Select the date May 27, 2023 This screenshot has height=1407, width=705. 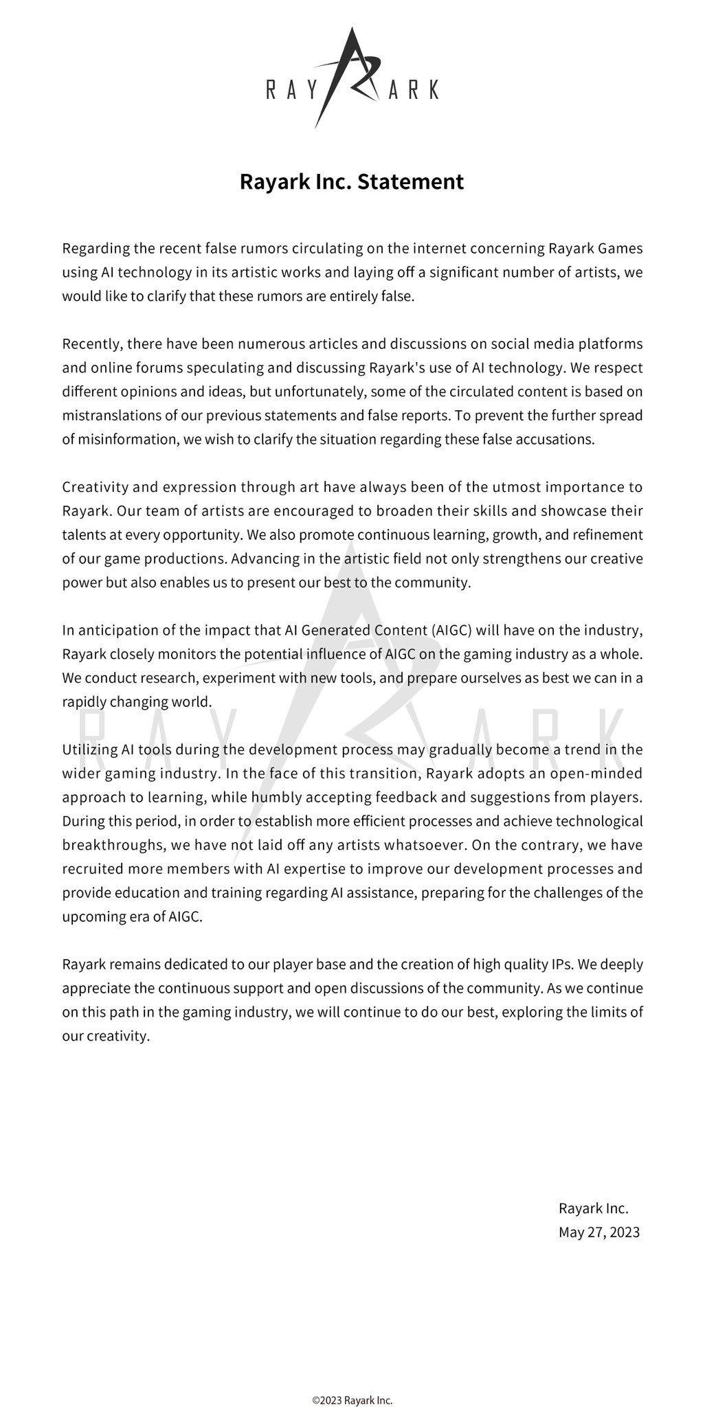click(x=598, y=1232)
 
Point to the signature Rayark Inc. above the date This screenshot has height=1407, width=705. click(x=593, y=1208)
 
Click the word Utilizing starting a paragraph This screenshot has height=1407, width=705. click(x=89, y=750)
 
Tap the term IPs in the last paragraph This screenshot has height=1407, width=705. click(x=559, y=965)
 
